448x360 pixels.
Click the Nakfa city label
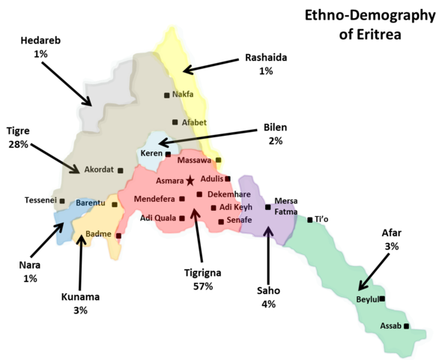tap(184, 94)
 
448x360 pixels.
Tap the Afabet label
tap(194, 122)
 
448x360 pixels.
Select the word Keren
tap(151, 154)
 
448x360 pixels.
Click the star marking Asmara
tap(190, 180)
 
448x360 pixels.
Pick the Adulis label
tap(212, 178)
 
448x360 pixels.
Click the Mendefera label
tap(154, 199)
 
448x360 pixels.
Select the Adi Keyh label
tap(236, 207)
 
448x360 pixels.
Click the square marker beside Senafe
tap(220, 221)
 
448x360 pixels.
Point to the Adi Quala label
tap(158, 218)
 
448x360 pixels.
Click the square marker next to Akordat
tap(120, 170)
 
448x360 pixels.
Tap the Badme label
tap(98, 234)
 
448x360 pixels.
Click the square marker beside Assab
tap(406, 326)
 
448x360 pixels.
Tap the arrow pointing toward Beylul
tap(363, 283)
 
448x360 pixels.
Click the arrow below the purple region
tap(269, 232)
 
